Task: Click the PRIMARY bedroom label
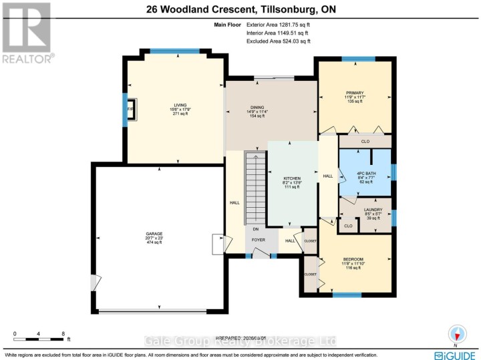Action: point(354,92)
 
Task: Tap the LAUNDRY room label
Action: point(373,210)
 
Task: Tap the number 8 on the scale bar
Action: point(63,333)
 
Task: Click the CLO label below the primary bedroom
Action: point(365,142)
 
